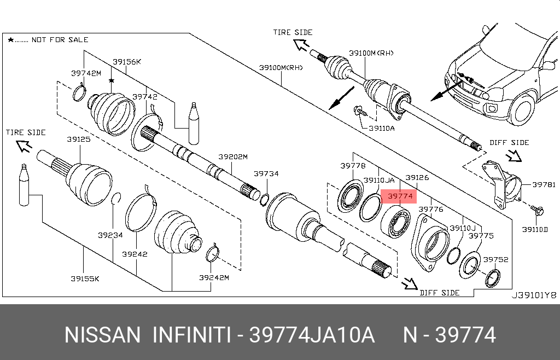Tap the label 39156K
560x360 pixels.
pyautogui.click(x=127, y=62)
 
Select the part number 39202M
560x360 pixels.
pyautogui.click(x=234, y=157)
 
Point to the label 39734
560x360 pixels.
pyautogui.click(x=266, y=174)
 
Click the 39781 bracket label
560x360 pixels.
pyautogui.click(x=544, y=185)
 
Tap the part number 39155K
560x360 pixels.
pyautogui.click(x=84, y=278)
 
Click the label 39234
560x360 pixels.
pyautogui.click(x=110, y=235)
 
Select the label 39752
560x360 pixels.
pyautogui.click(x=495, y=259)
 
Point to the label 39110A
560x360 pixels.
pyautogui.click(x=381, y=129)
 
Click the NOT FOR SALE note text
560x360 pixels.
pyautogui.click(x=60, y=40)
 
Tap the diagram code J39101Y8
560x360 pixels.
pyautogui.click(x=533, y=295)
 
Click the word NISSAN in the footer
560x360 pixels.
pyautogui.click(x=102, y=335)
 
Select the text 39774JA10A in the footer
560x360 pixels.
pyautogui.click(x=312, y=335)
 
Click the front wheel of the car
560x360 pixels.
pyautogui.click(x=522, y=108)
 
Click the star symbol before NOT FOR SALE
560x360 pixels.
pyautogui.click(x=11, y=40)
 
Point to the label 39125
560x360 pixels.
pyautogui.click(x=79, y=140)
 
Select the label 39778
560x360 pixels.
pyautogui.click(x=353, y=165)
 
